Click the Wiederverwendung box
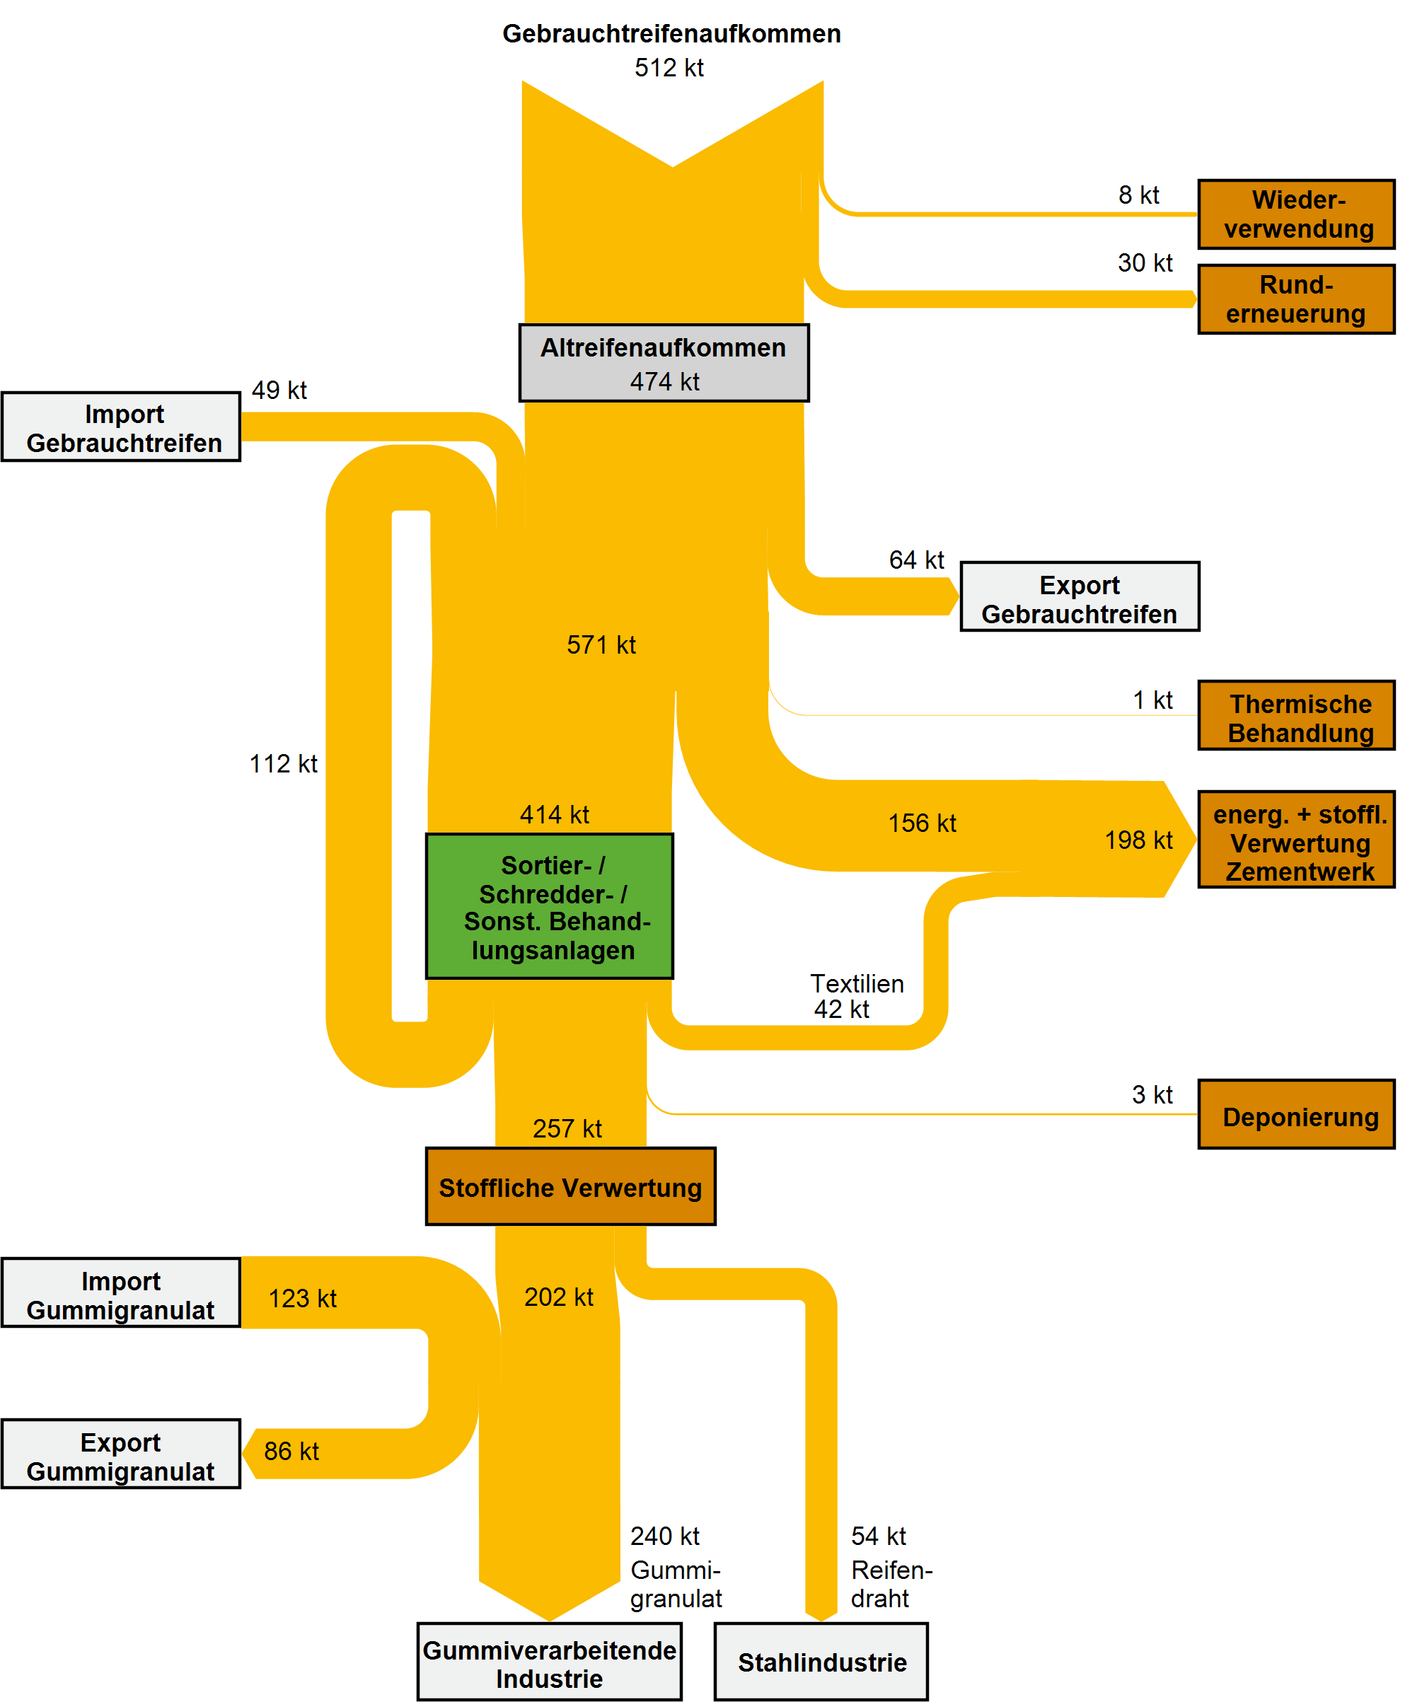pyautogui.click(x=1296, y=214)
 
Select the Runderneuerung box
pyautogui.click(x=1296, y=299)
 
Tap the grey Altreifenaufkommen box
pyautogui.click(x=664, y=364)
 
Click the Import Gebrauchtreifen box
pyautogui.click(x=122, y=427)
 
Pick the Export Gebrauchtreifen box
pyautogui.click(x=1080, y=596)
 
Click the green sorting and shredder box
pyautogui.click(x=550, y=906)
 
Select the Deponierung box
pyautogui.click(x=1296, y=1114)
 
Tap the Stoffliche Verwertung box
pyautogui.click(x=571, y=1186)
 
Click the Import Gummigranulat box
pyautogui.click(x=122, y=1292)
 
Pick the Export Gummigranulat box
pyautogui.click(x=122, y=1454)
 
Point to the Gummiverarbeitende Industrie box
pyautogui.click(x=550, y=1662)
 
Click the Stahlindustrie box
pyautogui.click(x=821, y=1662)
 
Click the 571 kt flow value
pyautogui.click(x=601, y=645)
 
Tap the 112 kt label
pyautogui.click(x=283, y=764)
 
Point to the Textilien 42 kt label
pyautogui.click(x=856, y=996)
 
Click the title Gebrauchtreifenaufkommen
pyautogui.click(x=672, y=34)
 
